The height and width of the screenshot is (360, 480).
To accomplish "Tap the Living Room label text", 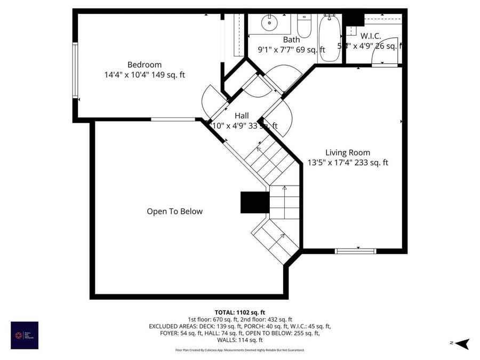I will (x=347, y=153).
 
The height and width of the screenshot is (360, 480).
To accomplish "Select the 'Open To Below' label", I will (x=174, y=211).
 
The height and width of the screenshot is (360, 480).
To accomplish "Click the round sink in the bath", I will (x=268, y=22).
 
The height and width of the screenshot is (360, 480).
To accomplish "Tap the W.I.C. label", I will (x=370, y=36).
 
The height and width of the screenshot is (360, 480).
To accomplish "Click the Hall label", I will (x=242, y=115).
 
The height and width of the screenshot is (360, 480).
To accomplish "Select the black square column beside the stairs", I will (x=254, y=203).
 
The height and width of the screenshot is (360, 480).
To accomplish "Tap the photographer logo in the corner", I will (x=25, y=335).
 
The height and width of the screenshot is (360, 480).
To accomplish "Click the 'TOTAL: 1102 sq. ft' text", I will (x=239, y=312).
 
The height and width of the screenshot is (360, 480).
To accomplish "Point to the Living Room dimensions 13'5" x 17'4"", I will (x=347, y=163).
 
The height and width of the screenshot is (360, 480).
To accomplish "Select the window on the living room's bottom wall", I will (x=355, y=251).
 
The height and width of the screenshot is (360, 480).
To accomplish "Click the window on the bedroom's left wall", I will (x=75, y=69).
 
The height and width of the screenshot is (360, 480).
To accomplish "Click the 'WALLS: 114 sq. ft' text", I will (x=239, y=340).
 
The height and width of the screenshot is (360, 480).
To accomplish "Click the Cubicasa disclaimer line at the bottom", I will (x=239, y=350).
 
